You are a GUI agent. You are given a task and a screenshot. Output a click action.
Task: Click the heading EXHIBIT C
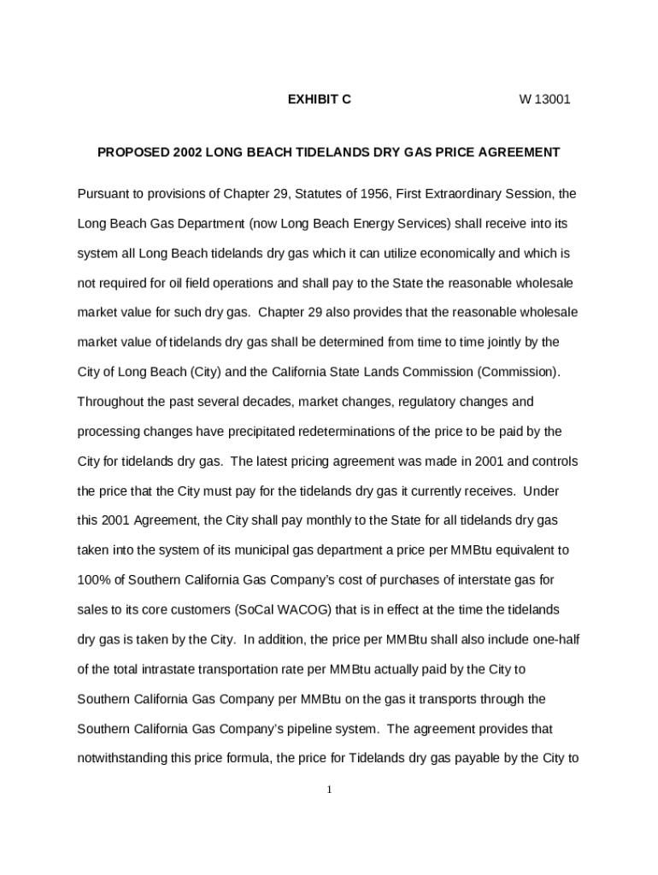point(319,99)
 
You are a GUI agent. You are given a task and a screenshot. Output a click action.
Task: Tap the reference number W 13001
point(544,99)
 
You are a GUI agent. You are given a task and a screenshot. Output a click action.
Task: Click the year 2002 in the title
point(188,152)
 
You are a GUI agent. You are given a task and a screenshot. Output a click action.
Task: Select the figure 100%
point(93,580)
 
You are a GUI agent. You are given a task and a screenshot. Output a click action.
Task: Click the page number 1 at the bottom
point(329,789)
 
